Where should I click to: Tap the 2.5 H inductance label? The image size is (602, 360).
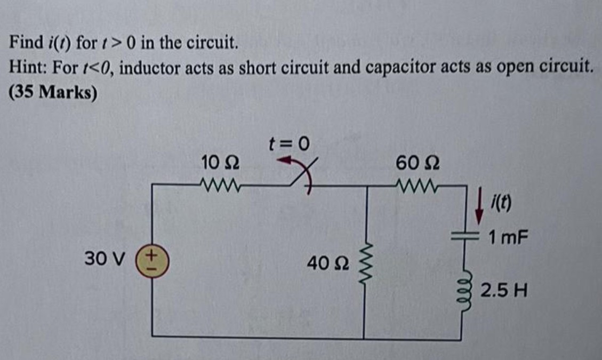click(504, 291)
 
